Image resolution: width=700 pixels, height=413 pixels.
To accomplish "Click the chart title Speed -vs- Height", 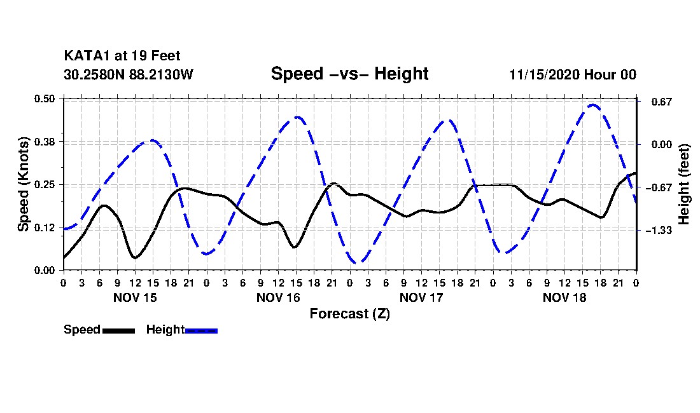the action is coord(349,74).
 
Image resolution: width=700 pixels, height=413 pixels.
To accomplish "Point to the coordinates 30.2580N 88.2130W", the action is coord(128,74).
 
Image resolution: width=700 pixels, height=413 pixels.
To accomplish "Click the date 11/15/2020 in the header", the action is coord(545,74).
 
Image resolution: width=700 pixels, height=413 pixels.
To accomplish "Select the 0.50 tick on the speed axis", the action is coord(44,98).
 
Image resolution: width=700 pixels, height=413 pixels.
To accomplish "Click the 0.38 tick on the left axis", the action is coord(44,142).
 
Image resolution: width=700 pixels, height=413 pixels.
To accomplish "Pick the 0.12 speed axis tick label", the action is coord(44,227).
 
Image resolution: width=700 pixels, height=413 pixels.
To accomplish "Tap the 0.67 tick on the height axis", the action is coord(662,102).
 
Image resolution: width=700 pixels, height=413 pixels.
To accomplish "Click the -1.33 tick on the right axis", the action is coord(659,231).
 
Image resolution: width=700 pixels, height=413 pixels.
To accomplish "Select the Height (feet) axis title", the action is coord(684,184).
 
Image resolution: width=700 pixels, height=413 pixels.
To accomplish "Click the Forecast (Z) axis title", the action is coord(349,314).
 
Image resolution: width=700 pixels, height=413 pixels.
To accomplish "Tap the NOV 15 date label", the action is coord(135,297).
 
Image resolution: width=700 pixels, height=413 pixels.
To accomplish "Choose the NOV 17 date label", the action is coord(421,297).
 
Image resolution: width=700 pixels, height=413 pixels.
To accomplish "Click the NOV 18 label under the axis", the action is coord(564,297).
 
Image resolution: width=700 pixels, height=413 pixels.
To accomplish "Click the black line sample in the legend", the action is coord(119,330).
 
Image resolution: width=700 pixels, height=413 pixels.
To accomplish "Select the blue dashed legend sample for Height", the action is coord(201,330).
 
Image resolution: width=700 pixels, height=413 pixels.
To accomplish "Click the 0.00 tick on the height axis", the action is coord(662,145).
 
